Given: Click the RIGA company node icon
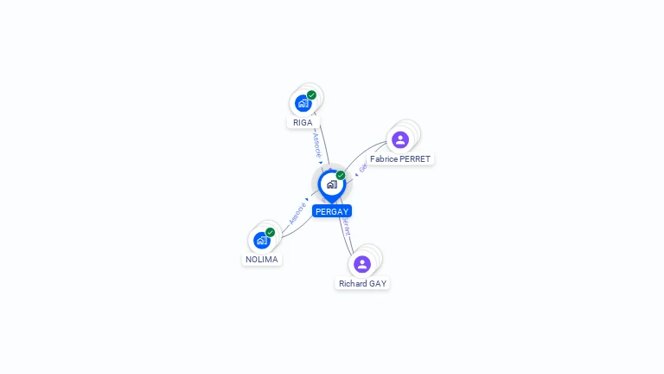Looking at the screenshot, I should point(303,103).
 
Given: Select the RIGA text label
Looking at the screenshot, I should point(303,123).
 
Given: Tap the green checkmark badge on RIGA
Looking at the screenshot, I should point(311,95).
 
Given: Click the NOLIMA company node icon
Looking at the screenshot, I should point(261,240).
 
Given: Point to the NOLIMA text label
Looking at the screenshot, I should point(262,260).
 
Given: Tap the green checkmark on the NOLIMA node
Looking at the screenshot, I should point(270,232).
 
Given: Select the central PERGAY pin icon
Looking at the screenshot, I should point(331,184).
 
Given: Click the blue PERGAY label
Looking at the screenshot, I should point(332,211).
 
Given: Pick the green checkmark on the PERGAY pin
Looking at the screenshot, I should point(341,176).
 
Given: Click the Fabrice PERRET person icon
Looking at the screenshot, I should point(399,139).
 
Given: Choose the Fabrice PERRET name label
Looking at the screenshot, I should point(399,159).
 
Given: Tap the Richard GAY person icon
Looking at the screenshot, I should point(362,264).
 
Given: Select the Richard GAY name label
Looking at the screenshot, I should point(362,284).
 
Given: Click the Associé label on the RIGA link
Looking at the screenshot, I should point(317,145).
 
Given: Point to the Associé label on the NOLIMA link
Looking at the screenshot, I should point(297,213).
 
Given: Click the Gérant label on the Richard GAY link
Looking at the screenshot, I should point(347,227).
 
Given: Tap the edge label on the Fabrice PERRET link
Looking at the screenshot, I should point(364,165).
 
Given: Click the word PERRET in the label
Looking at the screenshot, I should point(414,159).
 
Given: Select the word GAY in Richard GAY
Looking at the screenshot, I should point(378,284).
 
